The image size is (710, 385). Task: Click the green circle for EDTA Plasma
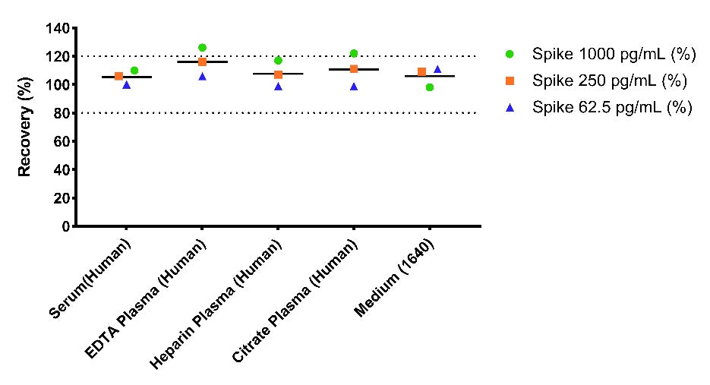click(203, 48)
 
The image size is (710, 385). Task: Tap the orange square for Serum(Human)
click(118, 76)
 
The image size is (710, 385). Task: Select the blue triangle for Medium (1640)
click(437, 69)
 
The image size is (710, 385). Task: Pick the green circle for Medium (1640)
click(430, 87)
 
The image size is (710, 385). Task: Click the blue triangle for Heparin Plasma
click(279, 87)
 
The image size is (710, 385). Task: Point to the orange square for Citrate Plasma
click(354, 69)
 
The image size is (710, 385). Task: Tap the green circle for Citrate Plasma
click(354, 53)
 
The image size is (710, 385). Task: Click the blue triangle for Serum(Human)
click(126, 85)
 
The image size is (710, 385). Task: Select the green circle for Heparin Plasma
click(278, 60)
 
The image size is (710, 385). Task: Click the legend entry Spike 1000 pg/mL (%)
click(600, 54)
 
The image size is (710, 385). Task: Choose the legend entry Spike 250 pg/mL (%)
click(596, 80)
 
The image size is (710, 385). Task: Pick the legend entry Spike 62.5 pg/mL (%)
click(598, 107)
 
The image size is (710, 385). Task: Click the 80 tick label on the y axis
click(62, 113)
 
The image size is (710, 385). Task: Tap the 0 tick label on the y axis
click(66, 226)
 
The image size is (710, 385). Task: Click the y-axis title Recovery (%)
click(24, 127)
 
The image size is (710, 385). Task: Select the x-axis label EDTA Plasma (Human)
click(146, 298)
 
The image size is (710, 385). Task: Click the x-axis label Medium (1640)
click(394, 278)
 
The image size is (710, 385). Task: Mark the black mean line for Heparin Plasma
click(278, 74)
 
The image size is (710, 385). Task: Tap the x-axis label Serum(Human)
click(90, 279)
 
